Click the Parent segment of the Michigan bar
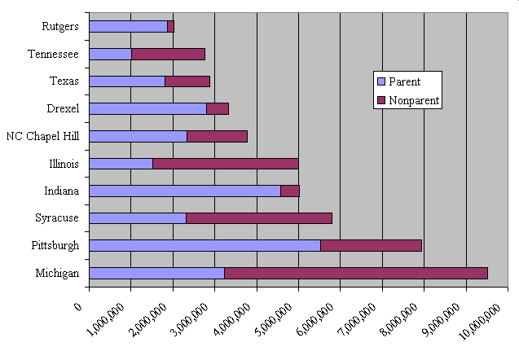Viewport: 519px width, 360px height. [156, 273]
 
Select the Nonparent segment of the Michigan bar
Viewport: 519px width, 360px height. [355, 273]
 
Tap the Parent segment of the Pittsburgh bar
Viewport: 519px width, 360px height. [205, 245]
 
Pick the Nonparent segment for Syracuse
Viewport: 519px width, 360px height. [258, 217]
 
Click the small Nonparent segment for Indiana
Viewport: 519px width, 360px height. [290, 191]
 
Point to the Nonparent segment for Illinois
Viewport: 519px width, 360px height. [225, 163]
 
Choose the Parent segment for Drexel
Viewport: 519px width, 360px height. [147, 108]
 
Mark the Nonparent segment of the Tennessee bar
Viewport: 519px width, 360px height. [168, 54]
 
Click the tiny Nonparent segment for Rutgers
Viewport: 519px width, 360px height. [171, 27]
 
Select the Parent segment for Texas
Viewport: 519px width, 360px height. [127, 81]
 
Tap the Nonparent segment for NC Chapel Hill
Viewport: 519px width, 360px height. [217, 136]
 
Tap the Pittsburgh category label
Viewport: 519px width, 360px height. [57, 245]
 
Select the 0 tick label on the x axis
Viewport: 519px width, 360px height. [79, 306]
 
